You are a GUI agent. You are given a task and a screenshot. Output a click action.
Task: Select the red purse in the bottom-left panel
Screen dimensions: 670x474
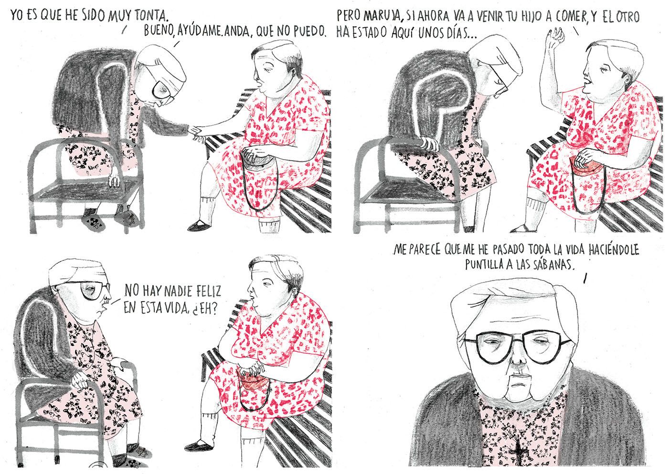tap(251, 383)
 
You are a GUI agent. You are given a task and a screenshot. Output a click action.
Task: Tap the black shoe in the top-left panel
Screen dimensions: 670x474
tap(200, 225)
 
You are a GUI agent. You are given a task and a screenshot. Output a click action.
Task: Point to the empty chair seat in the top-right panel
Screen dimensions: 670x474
tap(402, 189)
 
